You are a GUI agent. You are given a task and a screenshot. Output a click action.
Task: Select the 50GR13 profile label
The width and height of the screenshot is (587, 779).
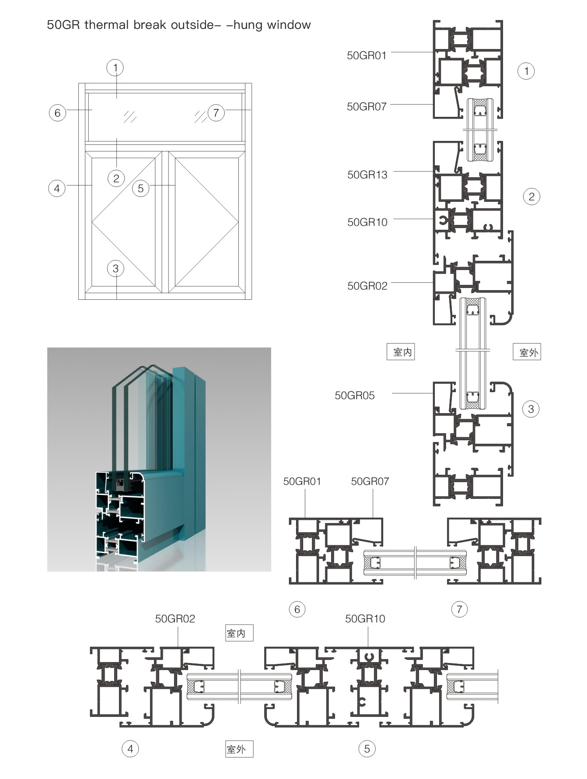[367, 175]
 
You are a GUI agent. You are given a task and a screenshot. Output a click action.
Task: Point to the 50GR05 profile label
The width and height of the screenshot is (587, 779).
[354, 396]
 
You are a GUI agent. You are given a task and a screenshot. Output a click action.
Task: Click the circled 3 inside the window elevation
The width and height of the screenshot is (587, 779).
[115, 269]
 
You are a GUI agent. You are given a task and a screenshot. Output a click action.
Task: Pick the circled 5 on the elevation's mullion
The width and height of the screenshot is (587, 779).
[140, 189]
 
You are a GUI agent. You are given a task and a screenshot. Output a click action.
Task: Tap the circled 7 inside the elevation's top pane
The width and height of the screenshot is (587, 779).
[216, 113]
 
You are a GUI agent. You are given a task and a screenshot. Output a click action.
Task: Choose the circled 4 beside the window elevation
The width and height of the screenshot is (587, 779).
[56, 189]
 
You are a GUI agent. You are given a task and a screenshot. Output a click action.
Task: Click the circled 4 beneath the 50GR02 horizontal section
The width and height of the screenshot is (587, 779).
[130, 749]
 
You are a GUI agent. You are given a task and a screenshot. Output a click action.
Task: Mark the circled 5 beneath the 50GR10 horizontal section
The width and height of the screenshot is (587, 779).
[367, 749]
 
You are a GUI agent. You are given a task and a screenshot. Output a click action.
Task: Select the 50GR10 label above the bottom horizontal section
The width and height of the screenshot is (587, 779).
[365, 619]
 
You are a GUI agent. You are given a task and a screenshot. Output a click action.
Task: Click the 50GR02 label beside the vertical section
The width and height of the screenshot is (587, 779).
[367, 286]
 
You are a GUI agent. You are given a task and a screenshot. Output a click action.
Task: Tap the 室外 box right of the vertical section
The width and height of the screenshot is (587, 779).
[527, 352]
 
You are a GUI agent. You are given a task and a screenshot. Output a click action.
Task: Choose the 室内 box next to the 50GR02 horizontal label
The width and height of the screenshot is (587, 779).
[239, 633]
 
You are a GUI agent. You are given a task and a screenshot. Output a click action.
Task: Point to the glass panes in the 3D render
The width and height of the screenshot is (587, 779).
[140, 420]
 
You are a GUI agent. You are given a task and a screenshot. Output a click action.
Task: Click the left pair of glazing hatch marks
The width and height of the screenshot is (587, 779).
[130, 117]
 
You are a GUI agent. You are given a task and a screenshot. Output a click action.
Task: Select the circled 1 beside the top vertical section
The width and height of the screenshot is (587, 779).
[526, 71]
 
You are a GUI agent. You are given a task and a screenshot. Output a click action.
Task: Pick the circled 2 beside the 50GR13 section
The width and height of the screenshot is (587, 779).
[531, 197]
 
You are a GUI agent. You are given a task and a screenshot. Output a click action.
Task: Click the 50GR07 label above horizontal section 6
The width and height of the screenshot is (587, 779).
[370, 481]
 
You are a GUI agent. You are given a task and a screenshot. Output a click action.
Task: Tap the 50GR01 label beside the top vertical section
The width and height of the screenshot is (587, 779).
[367, 56]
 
